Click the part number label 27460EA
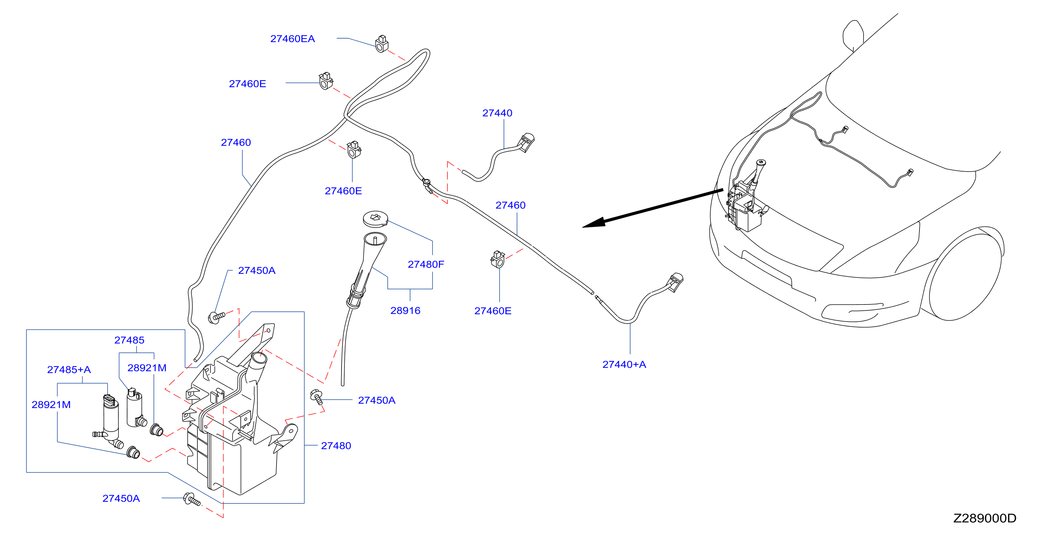[292, 39]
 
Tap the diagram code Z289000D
[984, 518]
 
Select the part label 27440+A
[624, 364]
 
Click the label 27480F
[426, 264]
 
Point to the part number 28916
[405, 310]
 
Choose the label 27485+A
[69, 369]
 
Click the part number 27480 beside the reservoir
[336, 445]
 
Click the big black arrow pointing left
[652, 208]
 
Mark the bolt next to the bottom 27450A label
[191, 500]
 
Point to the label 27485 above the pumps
[129, 340]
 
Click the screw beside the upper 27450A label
[216, 317]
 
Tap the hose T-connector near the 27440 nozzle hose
[427, 185]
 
